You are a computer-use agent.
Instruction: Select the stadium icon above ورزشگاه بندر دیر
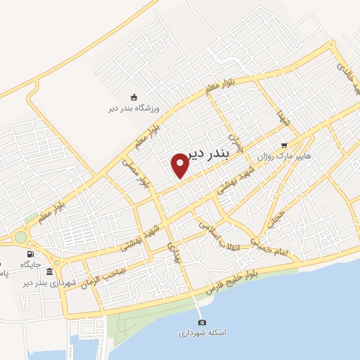click(x=134, y=98)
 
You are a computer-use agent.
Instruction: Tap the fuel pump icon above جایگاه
click(x=30, y=254)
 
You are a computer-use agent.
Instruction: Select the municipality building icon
click(x=49, y=271)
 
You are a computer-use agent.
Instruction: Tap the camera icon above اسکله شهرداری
click(x=202, y=322)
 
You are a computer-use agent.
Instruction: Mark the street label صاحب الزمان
click(x=109, y=271)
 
